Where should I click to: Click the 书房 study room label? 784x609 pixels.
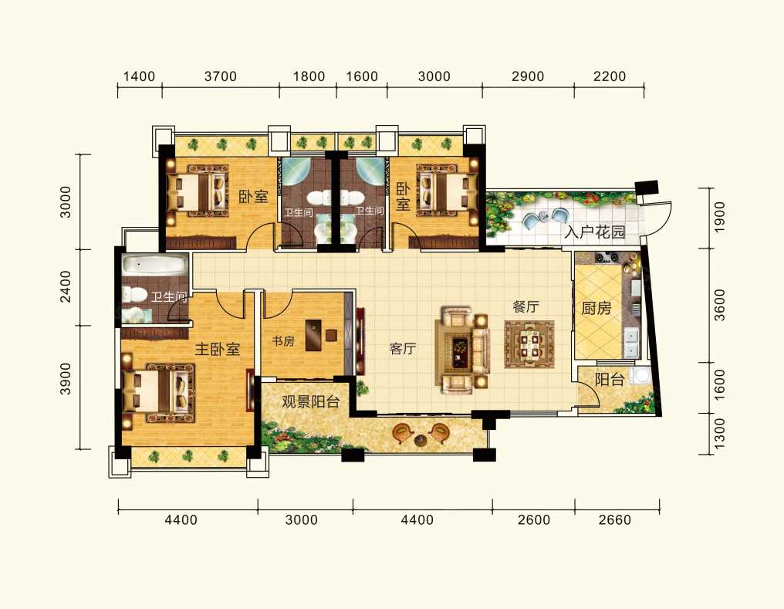(283, 341)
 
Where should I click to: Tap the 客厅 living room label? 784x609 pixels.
(403, 349)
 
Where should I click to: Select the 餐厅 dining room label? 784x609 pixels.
(525, 306)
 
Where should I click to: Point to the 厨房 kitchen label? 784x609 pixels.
(596, 309)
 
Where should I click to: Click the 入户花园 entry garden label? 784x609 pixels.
(595, 232)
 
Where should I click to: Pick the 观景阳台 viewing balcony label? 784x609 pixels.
(310, 401)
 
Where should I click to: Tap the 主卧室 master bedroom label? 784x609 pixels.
(218, 349)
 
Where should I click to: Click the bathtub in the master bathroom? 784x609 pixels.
(154, 264)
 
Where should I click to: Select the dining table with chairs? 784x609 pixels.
(529, 344)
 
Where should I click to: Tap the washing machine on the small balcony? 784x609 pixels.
(640, 375)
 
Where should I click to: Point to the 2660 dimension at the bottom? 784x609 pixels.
(614, 520)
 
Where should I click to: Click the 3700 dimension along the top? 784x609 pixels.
(221, 76)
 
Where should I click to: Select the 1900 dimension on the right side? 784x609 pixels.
(719, 217)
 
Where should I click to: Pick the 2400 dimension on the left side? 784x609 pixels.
(66, 287)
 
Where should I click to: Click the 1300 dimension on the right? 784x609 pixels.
(719, 434)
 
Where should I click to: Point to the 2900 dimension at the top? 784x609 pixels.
(528, 76)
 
